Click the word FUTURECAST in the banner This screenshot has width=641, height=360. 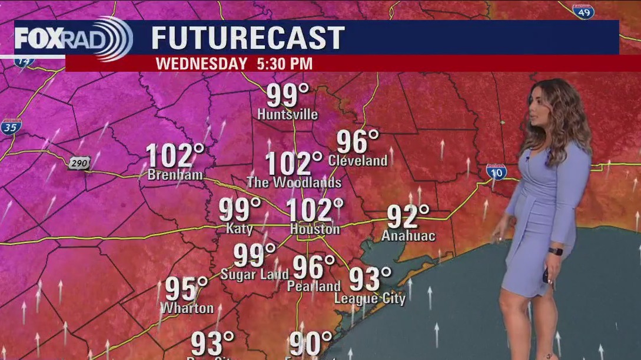[x=248, y=38]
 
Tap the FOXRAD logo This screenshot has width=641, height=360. [x=73, y=38]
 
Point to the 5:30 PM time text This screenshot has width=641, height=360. [x=284, y=64]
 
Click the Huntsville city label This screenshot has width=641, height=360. [x=287, y=115]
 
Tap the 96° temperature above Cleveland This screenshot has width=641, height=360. [x=358, y=142]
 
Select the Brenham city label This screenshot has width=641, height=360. [x=175, y=175]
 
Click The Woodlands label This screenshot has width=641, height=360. [x=294, y=182]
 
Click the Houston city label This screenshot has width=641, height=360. [x=314, y=229]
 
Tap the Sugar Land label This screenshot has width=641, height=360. [x=254, y=274]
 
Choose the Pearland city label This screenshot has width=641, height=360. [x=314, y=286]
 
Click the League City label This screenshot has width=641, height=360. [x=370, y=298]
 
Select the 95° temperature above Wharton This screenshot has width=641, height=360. [x=186, y=289]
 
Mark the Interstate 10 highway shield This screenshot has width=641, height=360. [x=496, y=171]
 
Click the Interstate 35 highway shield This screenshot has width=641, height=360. [x=11, y=126]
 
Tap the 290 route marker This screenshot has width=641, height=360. [x=79, y=164]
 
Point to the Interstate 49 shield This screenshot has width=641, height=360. [x=583, y=11]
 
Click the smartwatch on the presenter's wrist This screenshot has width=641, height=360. [x=555, y=251]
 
